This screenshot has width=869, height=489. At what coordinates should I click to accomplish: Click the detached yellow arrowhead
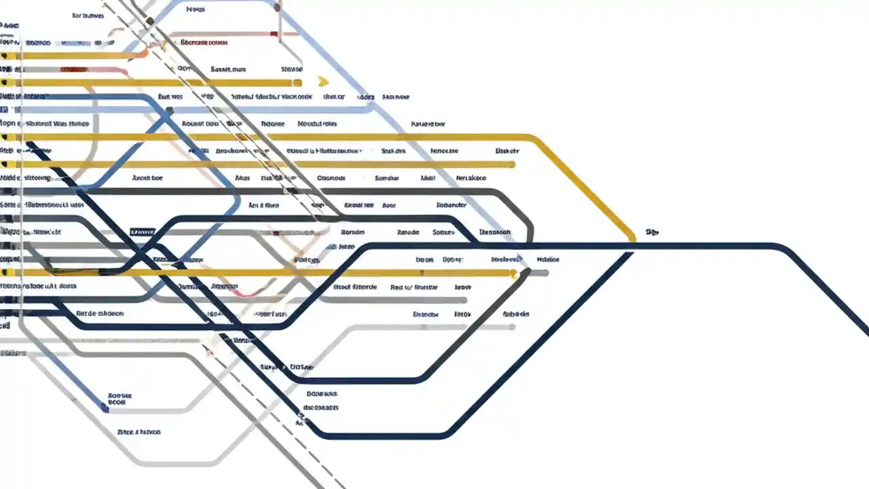pyautogui.click(x=323, y=82)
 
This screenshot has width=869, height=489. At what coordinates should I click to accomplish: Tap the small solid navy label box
pyautogui.click(x=142, y=232)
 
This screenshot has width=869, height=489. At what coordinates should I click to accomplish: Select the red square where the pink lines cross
pyautogui.click(x=274, y=34)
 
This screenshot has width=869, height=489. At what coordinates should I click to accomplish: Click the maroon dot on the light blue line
pyautogui.click(x=278, y=7)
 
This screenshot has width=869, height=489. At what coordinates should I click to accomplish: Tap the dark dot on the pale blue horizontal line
pyautogui.click(x=169, y=111)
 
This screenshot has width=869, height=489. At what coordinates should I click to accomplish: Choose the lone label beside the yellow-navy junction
pyautogui.click(x=652, y=232)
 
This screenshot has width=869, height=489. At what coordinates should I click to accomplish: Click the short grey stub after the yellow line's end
pyautogui.click(x=539, y=273)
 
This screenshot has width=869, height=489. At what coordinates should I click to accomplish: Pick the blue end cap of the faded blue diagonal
pyautogui.click(x=105, y=408)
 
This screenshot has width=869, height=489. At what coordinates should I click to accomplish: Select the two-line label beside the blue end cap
pyautogui.click(x=119, y=399)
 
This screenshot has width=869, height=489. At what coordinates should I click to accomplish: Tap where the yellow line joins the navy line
pyautogui.click(x=633, y=242)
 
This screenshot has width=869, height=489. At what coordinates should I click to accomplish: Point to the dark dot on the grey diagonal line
pyautogui.click(x=150, y=22)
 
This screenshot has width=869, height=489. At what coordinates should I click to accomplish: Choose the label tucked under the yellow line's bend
pyautogui.click(x=507, y=151)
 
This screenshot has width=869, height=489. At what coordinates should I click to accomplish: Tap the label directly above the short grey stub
pyautogui.click(x=547, y=259)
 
